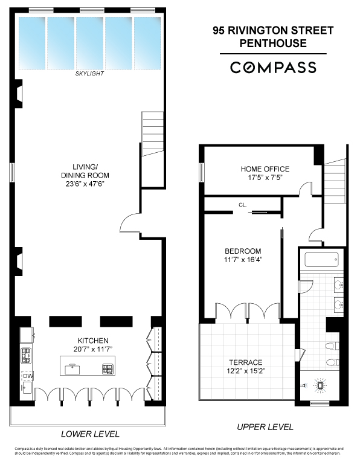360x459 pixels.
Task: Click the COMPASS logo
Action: [x=273, y=67]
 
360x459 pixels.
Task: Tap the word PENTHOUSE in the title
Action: [x=273, y=43]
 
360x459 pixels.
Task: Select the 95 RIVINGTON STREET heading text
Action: [x=273, y=30]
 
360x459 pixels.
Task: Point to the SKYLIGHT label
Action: [x=90, y=73]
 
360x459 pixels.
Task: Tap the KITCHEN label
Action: [x=92, y=341]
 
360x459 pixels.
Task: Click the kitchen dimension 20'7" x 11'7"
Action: [x=92, y=349]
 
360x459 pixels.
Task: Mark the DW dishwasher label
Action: [x=28, y=376]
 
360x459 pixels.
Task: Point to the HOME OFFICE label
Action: [x=265, y=169]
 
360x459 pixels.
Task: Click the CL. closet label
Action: [x=242, y=205]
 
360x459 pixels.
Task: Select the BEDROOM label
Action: [x=243, y=251]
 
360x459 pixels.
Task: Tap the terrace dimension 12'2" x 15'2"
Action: [x=245, y=371]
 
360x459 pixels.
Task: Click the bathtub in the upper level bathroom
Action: [x=321, y=261]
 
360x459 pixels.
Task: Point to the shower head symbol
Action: [x=320, y=385]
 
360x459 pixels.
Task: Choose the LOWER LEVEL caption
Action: [x=91, y=434]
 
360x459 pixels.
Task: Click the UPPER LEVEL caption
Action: [x=265, y=427]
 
